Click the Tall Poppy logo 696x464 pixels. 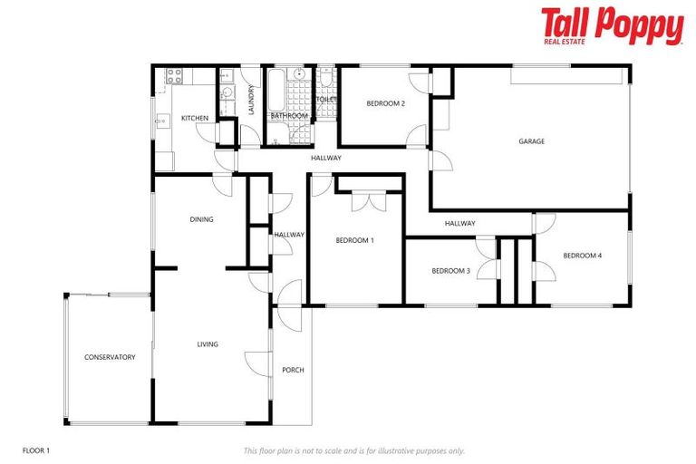click(x=612, y=25)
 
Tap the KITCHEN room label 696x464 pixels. click(x=195, y=119)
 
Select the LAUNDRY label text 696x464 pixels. click(x=251, y=100)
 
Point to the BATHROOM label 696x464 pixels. click(x=289, y=116)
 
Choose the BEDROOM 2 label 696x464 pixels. click(x=385, y=103)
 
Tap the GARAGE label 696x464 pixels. click(x=531, y=140)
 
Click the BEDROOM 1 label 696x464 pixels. click(x=354, y=240)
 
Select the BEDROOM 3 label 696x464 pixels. click(x=450, y=270)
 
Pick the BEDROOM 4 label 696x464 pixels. click(x=582, y=256)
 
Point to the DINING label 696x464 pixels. click(x=201, y=219)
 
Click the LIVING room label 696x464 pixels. click(x=208, y=344)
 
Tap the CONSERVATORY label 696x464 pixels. click(x=110, y=357)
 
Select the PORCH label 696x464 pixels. click(x=293, y=370)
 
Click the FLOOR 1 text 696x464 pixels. click(x=35, y=450)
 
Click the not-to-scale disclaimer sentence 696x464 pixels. click(x=353, y=450)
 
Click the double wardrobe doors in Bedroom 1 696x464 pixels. click(x=368, y=201)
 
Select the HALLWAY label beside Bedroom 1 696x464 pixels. click(x=290, y=235)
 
